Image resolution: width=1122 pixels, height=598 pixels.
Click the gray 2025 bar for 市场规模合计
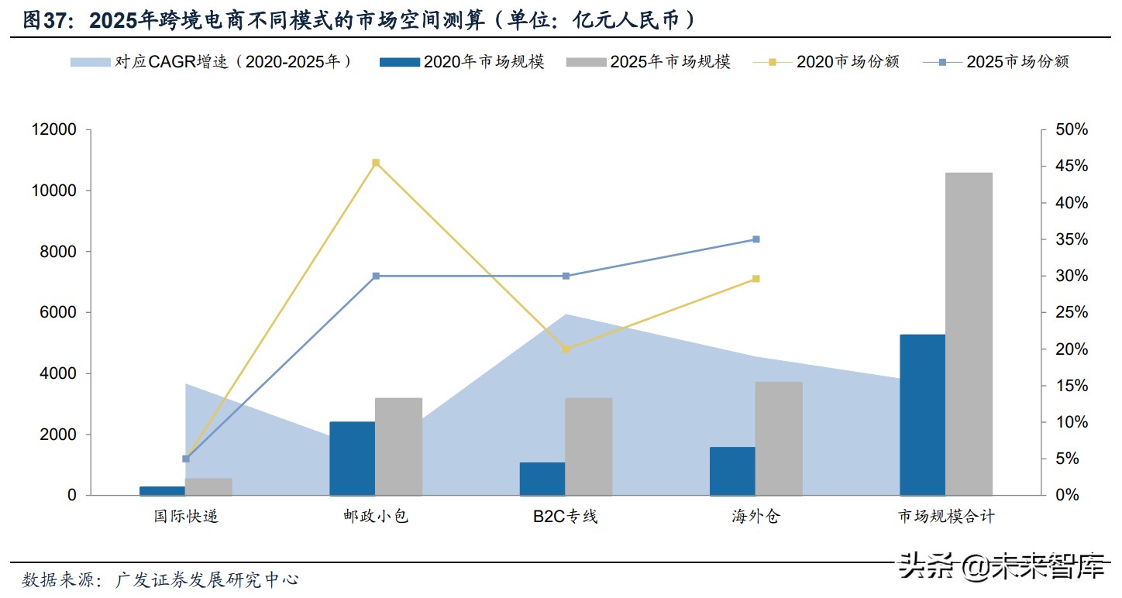(969, 333)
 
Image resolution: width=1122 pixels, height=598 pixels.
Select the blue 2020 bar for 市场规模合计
(922, 414)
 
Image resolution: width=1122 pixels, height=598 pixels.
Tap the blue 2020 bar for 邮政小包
(352, 459)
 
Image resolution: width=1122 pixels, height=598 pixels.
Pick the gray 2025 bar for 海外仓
(779, 438)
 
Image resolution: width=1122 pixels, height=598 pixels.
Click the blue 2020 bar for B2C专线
(542, 479)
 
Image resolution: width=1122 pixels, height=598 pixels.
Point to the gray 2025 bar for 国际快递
(208, 486)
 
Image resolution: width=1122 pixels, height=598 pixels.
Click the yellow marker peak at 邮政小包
(376, 163)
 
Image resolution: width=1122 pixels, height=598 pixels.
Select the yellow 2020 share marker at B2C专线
(566, 349)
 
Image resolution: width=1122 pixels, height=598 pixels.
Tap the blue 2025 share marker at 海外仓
(756, 239)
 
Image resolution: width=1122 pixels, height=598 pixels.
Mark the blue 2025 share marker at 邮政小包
(376, 276)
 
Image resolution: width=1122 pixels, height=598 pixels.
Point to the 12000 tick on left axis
(53, 130)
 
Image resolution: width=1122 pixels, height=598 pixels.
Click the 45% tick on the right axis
(1072, 167)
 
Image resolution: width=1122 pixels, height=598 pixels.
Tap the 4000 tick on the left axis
(58, 373)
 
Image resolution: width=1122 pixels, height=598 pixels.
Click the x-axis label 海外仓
(755, 517)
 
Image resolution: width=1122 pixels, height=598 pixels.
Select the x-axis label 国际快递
(185, 517)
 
